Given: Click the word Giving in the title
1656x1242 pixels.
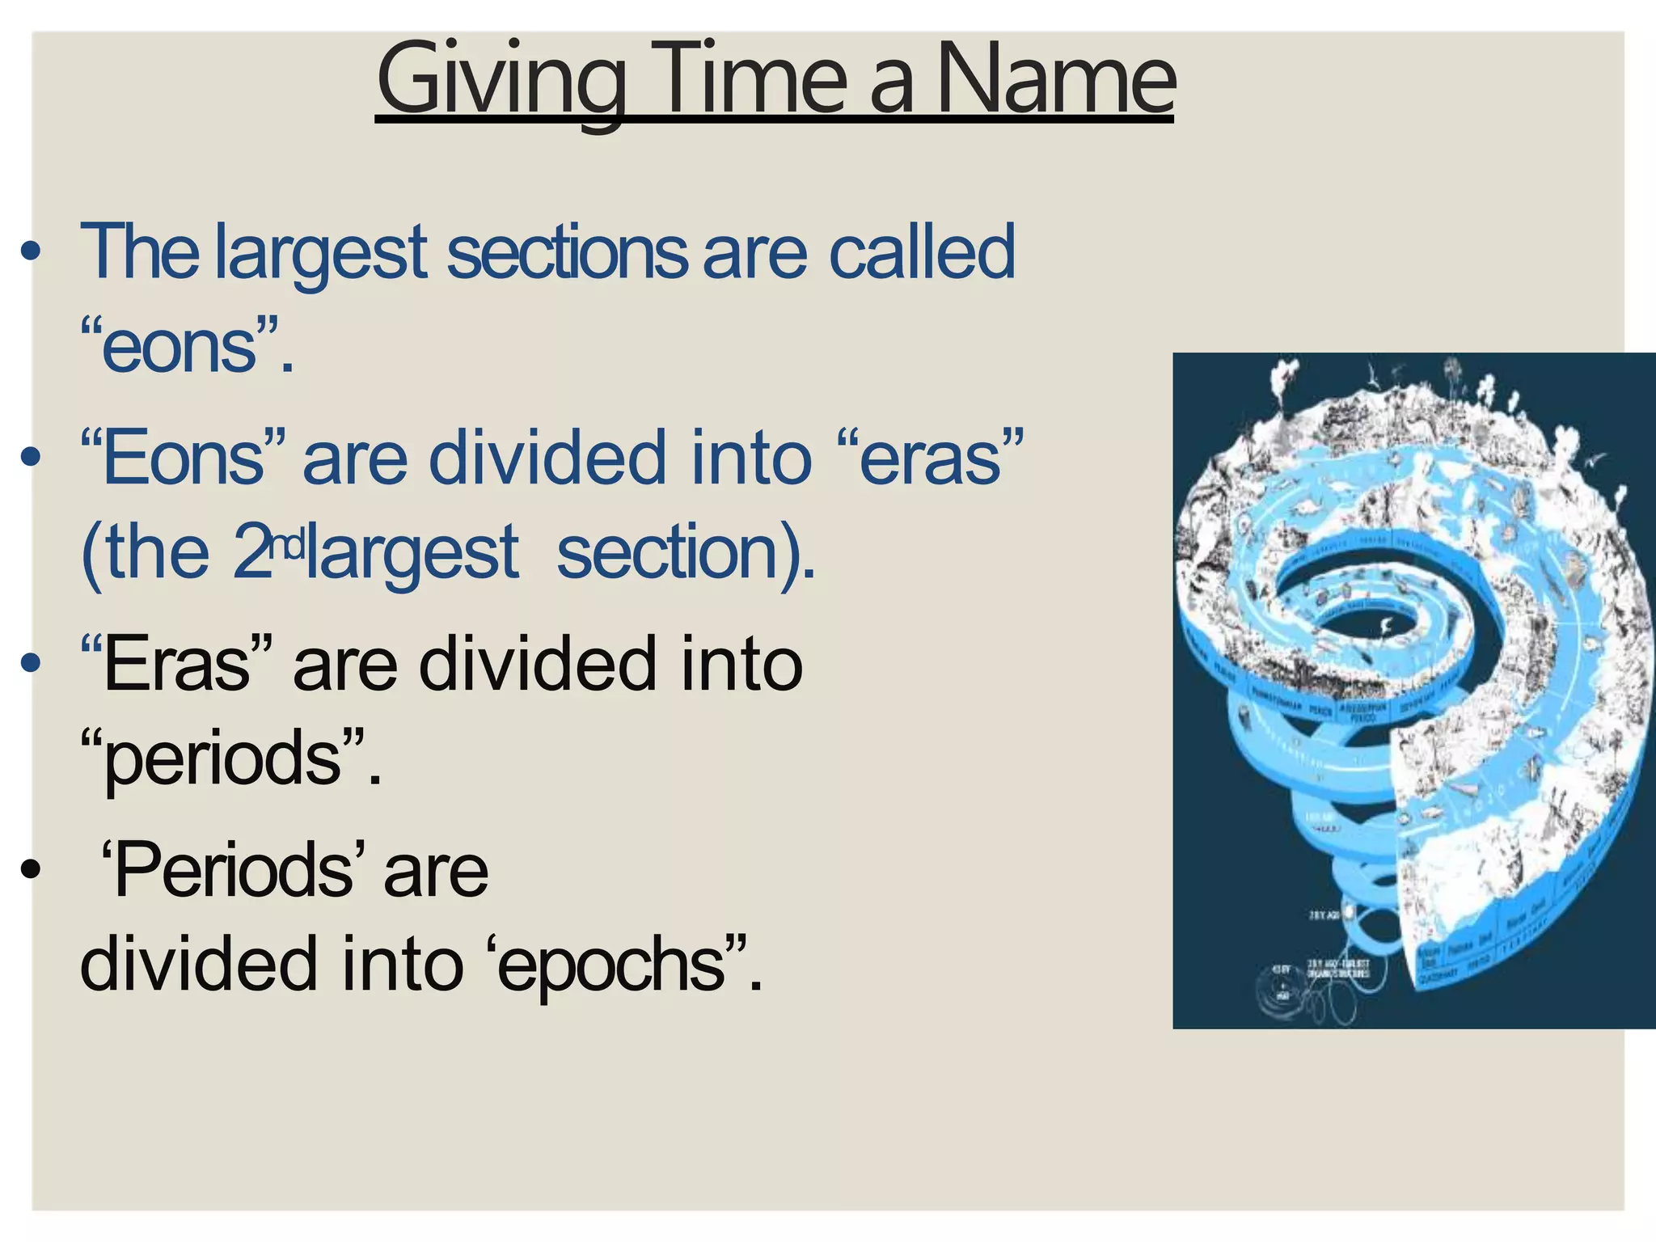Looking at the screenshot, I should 501,81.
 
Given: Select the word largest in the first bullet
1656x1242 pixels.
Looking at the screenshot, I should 320,255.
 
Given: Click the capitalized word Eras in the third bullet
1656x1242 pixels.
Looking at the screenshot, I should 177,665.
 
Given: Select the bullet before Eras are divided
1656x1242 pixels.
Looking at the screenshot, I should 30,664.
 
